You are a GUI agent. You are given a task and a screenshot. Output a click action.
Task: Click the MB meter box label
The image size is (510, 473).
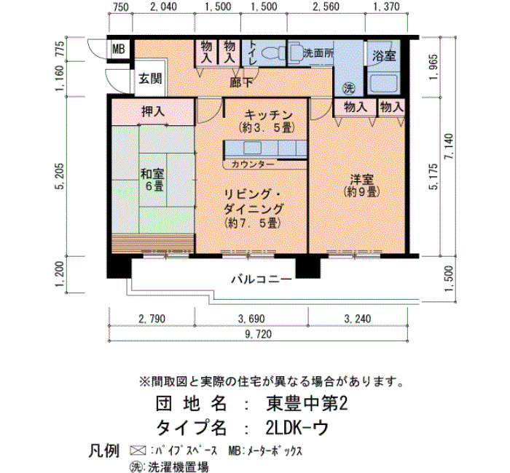click(x=119, y=49)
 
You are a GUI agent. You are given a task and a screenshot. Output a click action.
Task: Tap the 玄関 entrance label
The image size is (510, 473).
click(x=150, y=79)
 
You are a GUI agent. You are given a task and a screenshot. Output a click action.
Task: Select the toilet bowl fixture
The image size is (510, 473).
click(x=272, y=52)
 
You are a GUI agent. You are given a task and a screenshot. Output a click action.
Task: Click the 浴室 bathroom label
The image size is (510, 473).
click(x=384, y=56)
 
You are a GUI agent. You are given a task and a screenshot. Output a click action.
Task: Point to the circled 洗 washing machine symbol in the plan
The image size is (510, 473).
click(x=349, y=88)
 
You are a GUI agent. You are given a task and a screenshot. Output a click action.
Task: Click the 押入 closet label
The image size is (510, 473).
click(x=153, y=112)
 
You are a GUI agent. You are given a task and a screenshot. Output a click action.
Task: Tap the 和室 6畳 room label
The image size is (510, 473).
click(x=152, y=180)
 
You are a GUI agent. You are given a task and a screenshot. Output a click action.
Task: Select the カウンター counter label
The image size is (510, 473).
click(x=253, y=164)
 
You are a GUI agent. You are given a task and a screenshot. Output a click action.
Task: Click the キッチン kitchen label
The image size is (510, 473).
click(x=269, y=115)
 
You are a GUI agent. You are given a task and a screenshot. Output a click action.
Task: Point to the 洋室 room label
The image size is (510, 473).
click(x=361, y=179)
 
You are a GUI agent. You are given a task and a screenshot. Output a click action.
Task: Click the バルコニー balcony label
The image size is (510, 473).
click(x=262, y=279)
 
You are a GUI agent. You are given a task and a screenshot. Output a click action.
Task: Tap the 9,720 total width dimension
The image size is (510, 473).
click(x=258, y=334)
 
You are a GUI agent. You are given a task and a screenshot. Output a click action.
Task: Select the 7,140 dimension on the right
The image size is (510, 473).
click(x=450, y=146)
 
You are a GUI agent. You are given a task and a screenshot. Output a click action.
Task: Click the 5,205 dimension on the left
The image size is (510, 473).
click(x=60, y=176)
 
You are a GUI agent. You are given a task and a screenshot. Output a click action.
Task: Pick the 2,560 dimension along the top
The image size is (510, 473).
click(x=326, y=7)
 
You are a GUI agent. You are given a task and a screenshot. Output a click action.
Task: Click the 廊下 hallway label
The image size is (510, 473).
click(x=241, y=83)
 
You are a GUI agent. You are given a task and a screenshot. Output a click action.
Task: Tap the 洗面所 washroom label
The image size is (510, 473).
click(x=318, y=53)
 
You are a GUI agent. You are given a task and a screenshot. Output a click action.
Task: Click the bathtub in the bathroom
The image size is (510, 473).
click(x=384, y=83)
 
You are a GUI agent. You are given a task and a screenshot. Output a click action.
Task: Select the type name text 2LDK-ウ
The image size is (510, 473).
click(x=297, y=428)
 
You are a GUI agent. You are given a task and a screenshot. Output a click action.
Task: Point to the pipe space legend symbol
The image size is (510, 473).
click(x=138, y=451)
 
